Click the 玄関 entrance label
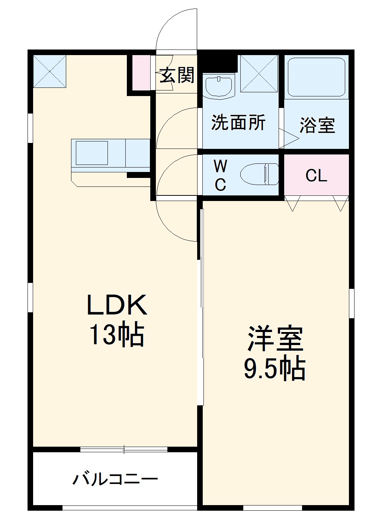pyautogui.click(x=177, y=76)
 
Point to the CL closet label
pyautogui.click(x=316, y=176)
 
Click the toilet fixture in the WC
pyautogui.click(x=260, y=174)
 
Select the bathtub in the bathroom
pyautogui.click(x=316, y=76)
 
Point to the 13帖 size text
pyautogui.click(x=116, y=336)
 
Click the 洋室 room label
pyautogui.click(x=275, y=339)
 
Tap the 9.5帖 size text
pyautogui.click(x=275, y=369)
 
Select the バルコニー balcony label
pyautogui.click(x=115, y=479)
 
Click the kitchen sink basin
pyautogui.click(x=92, y=153)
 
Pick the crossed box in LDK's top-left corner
pyautogui.click(x=49, y=71)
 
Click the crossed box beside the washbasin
pyautogui.click(x=259, y=73)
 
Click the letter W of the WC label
pyautogui.click(x=220, y=166)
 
